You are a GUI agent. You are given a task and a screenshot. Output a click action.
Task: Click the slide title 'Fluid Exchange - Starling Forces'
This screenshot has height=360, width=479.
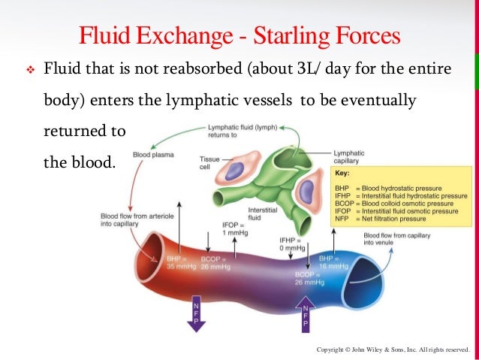pos(239,35)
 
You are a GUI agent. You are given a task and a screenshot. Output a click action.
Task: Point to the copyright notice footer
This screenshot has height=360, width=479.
pos(393,350)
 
